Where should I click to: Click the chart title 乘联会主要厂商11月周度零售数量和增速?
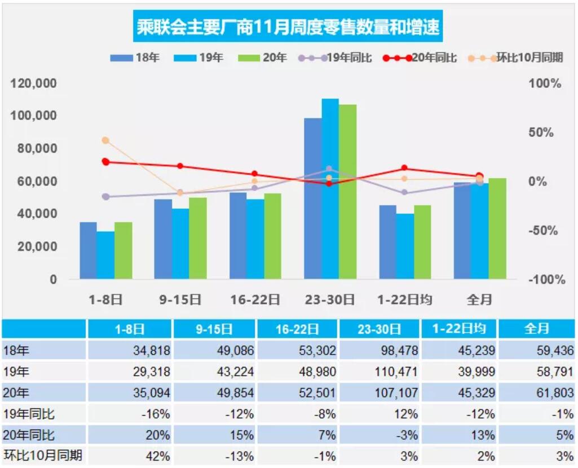288,27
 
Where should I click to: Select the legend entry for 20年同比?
420,58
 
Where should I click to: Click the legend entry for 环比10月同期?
516,58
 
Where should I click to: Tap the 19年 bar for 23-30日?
330,189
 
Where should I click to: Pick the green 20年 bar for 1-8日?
123,250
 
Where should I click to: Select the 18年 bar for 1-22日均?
387,242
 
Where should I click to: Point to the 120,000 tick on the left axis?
34,83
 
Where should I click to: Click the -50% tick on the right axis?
545,231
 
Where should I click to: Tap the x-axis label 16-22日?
255,299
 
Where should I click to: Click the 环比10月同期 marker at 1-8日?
105,140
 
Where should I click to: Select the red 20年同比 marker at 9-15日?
180,166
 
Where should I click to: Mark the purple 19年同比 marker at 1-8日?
105,197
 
